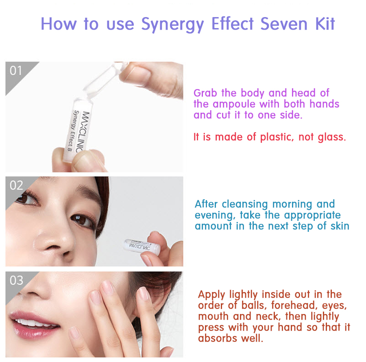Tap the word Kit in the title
[325, 24]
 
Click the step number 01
[15, 70]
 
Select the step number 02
[16, 185]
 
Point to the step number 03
[16, 280]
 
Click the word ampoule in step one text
[234, 104]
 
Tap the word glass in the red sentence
[332, 137]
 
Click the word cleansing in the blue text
[245, 204]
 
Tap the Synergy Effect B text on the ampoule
[73, 130]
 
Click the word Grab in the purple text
[205, 93]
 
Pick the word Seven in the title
[284, 24]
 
